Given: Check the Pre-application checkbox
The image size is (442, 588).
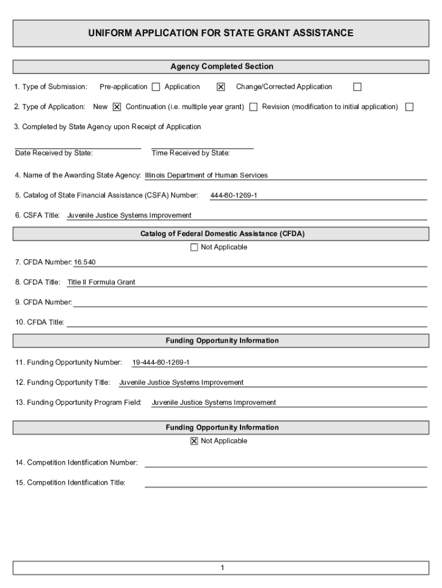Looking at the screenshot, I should pos(156,87).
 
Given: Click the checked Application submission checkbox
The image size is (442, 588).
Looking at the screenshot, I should pos(220,87).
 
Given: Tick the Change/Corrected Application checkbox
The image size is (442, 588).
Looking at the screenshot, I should pos(357,87).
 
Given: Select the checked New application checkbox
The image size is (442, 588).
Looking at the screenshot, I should pos(117,107).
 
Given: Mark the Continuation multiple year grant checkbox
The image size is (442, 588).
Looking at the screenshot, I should pos(253,107).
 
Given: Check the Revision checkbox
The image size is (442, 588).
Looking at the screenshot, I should pos(409,107).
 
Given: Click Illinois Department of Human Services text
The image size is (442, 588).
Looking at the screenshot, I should pos(206,176).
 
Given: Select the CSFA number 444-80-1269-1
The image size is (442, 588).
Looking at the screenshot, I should pos(234,196).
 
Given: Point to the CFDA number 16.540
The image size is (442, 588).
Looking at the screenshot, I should pos(85,262).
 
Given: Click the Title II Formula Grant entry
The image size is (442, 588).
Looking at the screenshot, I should pos(101,283).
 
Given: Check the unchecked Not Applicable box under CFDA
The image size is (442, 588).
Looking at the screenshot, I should pos(194,247).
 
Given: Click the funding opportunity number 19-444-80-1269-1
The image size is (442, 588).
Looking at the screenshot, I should pos(161,363).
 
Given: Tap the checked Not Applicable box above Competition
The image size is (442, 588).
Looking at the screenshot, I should pos(194,441).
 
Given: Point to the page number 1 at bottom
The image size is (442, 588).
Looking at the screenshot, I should pos(222,568).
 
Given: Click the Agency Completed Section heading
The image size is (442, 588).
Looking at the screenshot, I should pos(222,67).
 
